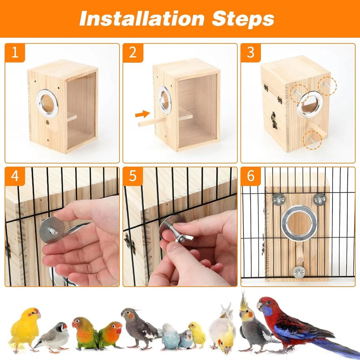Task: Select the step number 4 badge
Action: [15, 176]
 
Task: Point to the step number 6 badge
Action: [251, 176]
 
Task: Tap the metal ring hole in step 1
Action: [47, 103]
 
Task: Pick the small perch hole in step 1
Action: [47, 123]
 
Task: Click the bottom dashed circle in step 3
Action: [312, 140]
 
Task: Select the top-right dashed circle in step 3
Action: [327, 86]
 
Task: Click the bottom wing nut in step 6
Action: [299, 272]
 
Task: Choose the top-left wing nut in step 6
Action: [278, 199]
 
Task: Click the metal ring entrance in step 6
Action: [299, 223]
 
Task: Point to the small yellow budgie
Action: [197, 335]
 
